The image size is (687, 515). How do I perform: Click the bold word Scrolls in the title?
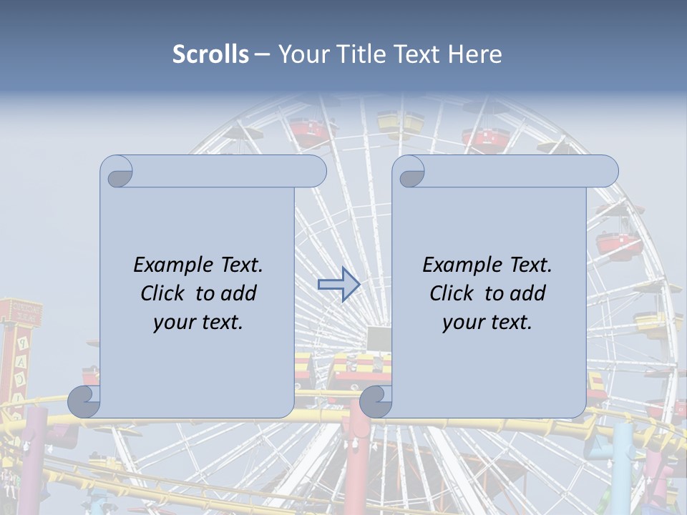click(x=211, y=54)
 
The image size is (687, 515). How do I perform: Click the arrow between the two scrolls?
click(x=338, y=285)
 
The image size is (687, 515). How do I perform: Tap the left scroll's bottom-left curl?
click(x=84, y=402)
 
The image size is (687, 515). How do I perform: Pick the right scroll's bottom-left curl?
click(x=376, y=402)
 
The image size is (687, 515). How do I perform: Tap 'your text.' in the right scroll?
click(x=487, y=322)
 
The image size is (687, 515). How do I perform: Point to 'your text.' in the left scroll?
click(x=198, y=322)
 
